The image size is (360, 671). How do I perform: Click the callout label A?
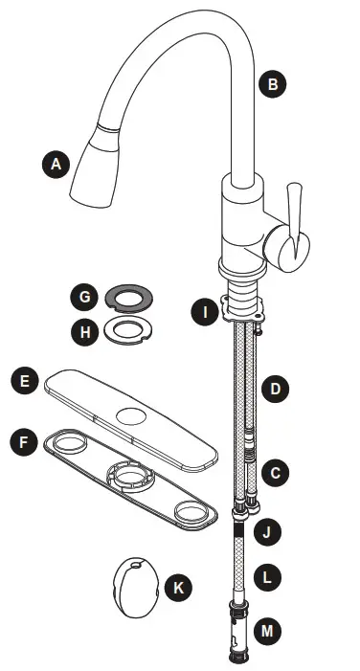pos(56,164)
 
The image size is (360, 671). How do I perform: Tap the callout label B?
pos(273,85)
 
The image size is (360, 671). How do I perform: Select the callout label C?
pos(275,472)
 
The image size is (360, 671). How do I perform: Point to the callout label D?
pos(275,389)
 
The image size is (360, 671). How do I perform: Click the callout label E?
pos(24,383)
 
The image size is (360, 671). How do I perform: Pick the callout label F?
pos(24,442)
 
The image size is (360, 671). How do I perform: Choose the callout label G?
pos(85,298)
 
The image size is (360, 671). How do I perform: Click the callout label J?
pos(273,529)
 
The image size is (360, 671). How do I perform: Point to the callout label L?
pos(273,577)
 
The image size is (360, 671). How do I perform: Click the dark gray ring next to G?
pos(124,297)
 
